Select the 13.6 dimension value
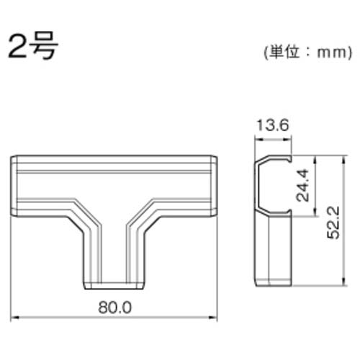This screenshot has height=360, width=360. pyautogui.click(x=274, y=126)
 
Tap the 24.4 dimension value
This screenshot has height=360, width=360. pyautogui.click(x=305, y=185)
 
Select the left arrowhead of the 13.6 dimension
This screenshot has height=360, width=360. pyautogui.click(x=255, y=138)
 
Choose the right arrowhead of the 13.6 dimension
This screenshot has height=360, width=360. pyautogui.click(x=291, y=138)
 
